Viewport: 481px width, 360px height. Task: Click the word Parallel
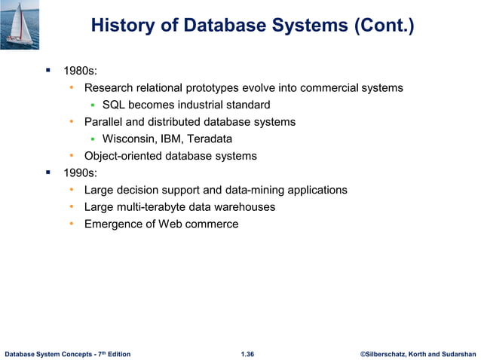(105, 122)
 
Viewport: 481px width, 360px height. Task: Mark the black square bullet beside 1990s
(47, 172)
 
